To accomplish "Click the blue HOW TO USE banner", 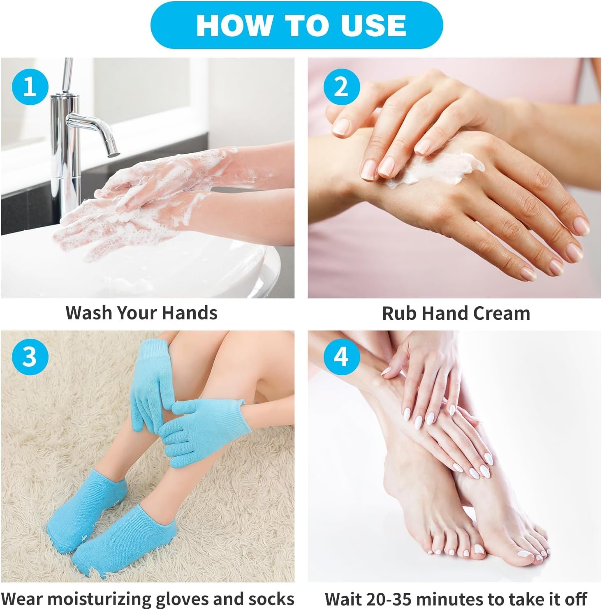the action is click(296, 25).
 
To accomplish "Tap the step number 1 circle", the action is click(29, 87).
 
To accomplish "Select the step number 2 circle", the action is click(341, 87).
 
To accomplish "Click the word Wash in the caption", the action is click(89, 313).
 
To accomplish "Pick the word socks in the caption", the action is click(271, 598).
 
